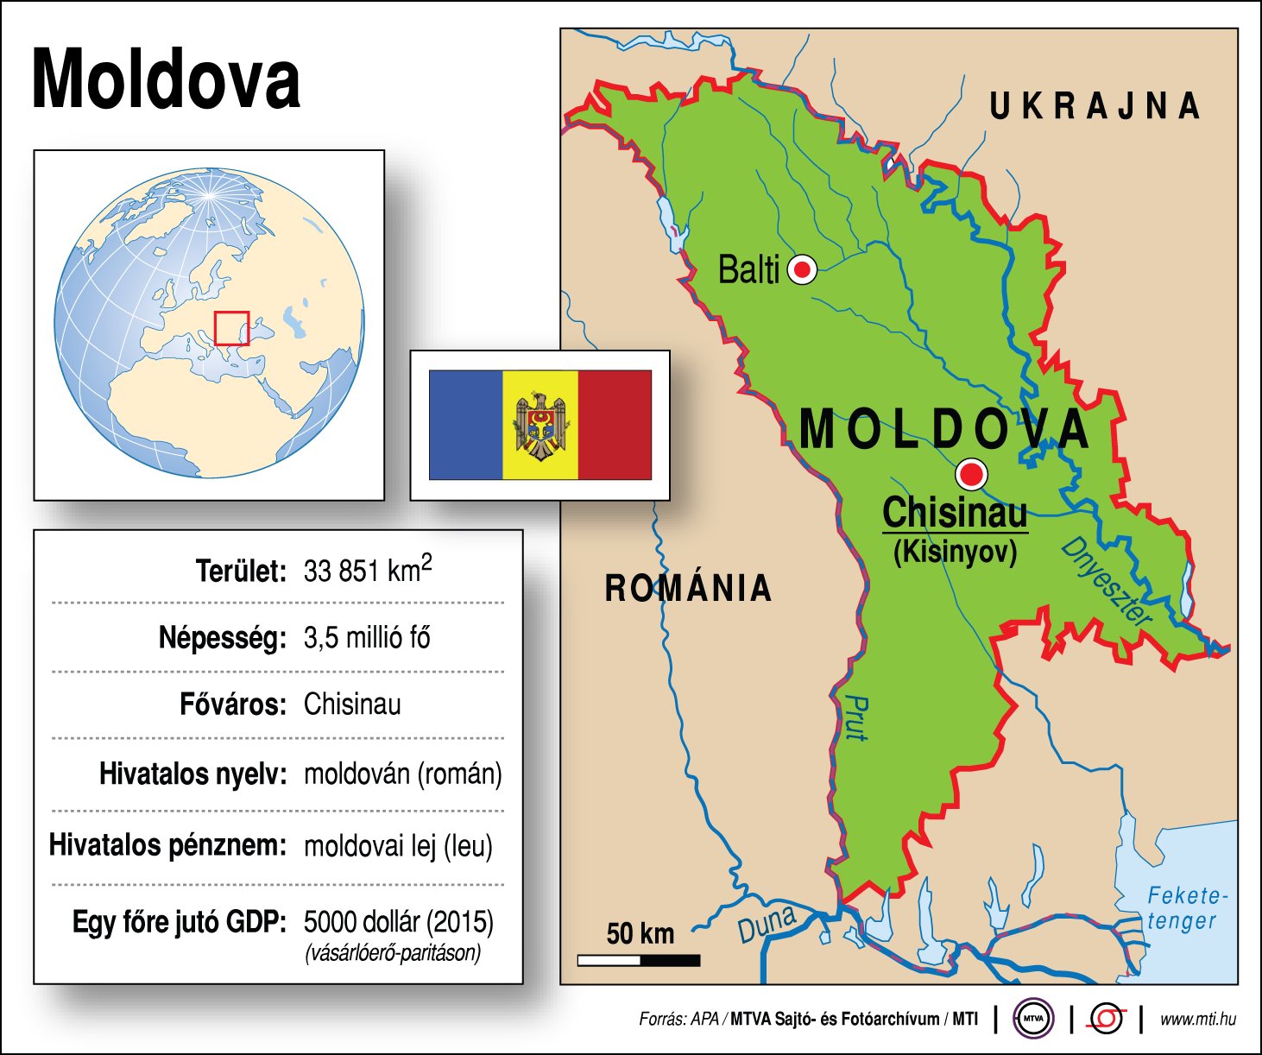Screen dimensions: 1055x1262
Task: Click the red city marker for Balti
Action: coord(803,270)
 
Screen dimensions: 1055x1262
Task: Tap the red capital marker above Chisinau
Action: coord(972,474)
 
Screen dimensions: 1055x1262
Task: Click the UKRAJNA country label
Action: coord(1095,106)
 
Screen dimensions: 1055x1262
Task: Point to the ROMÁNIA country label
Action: coord(688,588)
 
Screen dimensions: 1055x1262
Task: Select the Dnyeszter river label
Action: coord(1106,581)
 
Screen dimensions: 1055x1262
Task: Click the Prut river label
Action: coord(855,717)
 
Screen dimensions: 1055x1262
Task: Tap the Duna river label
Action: coord(767,925)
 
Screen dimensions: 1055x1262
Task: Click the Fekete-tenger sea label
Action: coord(1186,908)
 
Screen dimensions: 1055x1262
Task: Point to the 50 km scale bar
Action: coord(639,960)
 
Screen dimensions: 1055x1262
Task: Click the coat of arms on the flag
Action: coord(540,425)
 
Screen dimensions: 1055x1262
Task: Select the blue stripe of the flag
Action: coord(465,425)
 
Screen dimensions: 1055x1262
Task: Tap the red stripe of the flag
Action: coord(615,425)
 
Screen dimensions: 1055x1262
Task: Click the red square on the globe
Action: coord(231,328)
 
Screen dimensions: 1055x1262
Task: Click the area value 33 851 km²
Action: coord(368,570)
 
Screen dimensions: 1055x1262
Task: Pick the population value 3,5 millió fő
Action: coord(367,638)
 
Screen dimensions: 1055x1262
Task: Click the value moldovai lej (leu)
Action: coord(398,845)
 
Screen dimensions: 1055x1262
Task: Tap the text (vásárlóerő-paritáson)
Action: coord(392,953)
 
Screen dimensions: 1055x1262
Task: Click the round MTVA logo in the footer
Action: coord(1033,1019)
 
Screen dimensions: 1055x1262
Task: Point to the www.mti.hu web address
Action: coord(1197,1020)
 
